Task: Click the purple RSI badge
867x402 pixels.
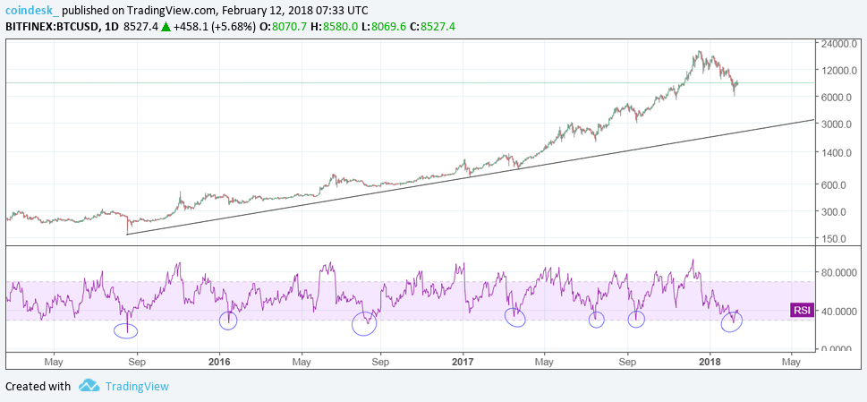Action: tap(802, 311)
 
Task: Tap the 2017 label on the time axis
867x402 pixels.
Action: tap(463, 363)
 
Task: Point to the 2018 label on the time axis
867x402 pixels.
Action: tap(709, 363)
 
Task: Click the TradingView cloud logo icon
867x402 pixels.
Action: tap(89, 386)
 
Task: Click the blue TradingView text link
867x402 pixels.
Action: tap(137, 387)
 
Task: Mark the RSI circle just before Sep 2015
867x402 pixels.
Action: tap(127, 329)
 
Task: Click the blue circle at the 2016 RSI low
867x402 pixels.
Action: tap(228, 320)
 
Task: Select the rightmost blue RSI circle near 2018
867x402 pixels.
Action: tap(732, 321)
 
